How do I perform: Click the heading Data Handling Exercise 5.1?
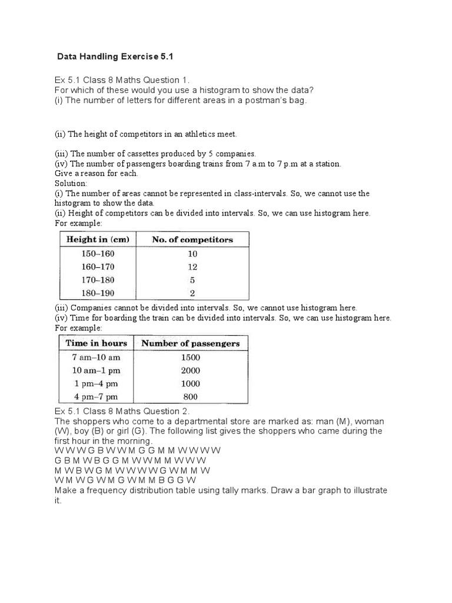pos(116,57)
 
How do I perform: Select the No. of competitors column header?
pos(192,240)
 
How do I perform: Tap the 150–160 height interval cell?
pos(98,254)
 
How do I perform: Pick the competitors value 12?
pos(192,267)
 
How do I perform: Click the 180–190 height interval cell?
pos(98,293)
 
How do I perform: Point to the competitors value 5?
pos(192,280)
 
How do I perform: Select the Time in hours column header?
pos(96,343)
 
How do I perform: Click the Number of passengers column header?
pos(191,343)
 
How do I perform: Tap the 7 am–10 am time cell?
pos(96,357)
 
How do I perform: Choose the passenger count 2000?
pos(191,370)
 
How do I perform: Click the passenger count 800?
pos(191,396)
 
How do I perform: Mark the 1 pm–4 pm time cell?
pos(96,383)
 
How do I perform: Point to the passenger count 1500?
pos(191,357)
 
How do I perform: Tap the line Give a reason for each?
pos(97,173)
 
